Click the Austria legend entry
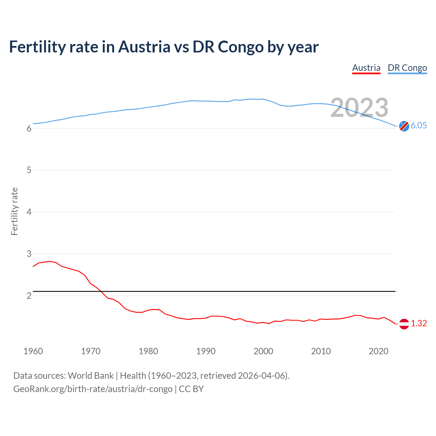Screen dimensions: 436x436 click(x=366, y=68)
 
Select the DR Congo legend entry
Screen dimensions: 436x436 click(x=407, y=68)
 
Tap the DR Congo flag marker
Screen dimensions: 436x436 click(x=404, y=126)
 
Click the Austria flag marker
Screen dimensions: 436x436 click(x=404, y=324)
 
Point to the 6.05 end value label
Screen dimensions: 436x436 click(x=419, y=125)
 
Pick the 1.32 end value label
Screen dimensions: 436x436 click(x=419, y=323)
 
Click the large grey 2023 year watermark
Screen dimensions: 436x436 click(x=359, y=108)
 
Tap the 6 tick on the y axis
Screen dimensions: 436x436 click(x=29, y=128)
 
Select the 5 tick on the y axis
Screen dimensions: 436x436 click(x=29, y=170)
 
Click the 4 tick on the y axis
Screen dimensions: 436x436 click(x=29, y=212)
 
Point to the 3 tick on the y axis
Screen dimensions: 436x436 click(x=29, y=254)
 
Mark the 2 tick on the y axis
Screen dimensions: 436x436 click(x=29, y=296)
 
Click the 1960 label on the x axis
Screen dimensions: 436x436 click(x=33, y=351)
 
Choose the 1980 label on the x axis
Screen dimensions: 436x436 click(x=148, y=351)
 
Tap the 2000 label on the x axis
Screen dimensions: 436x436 click(x=263, y=351)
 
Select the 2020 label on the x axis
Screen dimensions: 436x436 click(x=378, y=351)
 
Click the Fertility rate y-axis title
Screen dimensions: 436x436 click(x=14, y=211)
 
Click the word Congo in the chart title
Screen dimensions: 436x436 click(x=240, y=47)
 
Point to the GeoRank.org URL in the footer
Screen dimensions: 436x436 click(x=93, y=389)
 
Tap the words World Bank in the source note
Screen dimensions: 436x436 click(x=91, y=375)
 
